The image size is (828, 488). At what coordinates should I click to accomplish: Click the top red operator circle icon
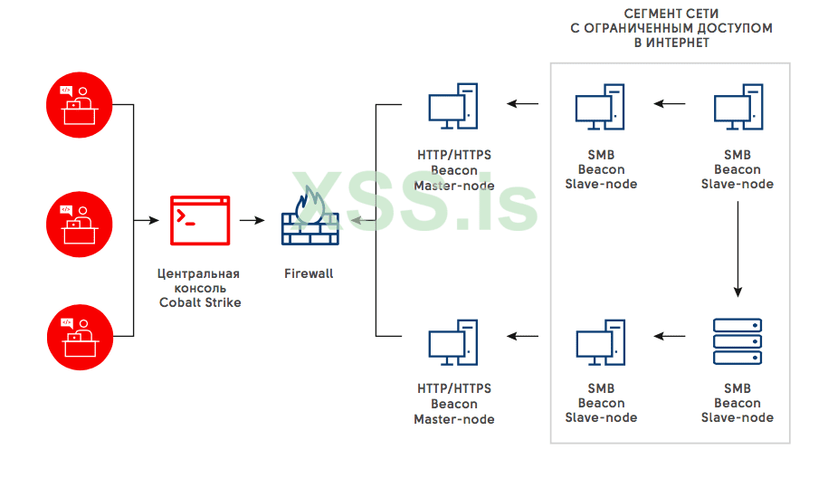tap(79, 105)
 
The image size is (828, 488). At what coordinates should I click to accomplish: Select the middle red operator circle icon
tap(79, 220)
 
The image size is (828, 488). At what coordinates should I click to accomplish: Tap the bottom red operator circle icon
tap(79, 336)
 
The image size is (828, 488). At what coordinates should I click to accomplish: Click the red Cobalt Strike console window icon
tap(200, 220)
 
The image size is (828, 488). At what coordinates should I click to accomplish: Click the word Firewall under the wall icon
tap(309, 273)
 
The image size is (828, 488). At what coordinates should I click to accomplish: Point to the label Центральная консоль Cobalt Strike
tap(199, 288)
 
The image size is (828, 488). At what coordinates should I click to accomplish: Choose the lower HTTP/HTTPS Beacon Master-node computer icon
tap(453, 340)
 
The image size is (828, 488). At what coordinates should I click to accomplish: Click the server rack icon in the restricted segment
tap(737, 340)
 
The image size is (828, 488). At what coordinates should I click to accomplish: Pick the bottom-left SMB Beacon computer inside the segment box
tap(600, 340)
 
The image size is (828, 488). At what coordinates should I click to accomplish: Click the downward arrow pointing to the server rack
tap(738, 249)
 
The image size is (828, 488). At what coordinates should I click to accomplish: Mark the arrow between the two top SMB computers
tap(671, 104)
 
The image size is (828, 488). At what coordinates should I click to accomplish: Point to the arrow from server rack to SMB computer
tap(671, 337)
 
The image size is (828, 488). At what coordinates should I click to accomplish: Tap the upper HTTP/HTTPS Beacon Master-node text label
tap(454, 170)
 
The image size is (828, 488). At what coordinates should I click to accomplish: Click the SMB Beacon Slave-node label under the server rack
tap(738, 403)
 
